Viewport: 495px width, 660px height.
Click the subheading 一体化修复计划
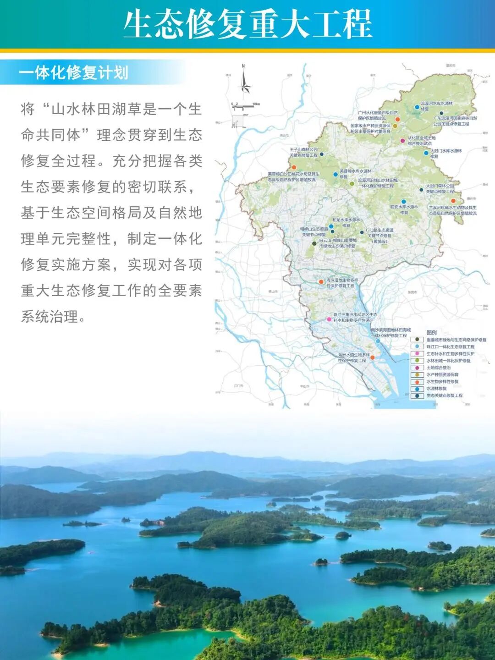tap(73, 72)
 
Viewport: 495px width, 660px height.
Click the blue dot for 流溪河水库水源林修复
tap(417, 107)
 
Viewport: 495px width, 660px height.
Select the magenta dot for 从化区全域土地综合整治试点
tap(403, 141)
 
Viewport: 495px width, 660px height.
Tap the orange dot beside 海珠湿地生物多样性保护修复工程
tap(321, 281)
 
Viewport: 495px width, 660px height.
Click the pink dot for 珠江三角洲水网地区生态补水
tap(329, 319)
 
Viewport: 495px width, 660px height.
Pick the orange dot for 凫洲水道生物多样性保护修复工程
tap(372, 357)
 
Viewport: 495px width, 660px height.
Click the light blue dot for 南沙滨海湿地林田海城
tap(378, 341)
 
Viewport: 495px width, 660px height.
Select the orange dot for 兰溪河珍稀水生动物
tap(453, 201)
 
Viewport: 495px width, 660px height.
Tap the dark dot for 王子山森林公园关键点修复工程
tap(322, 154)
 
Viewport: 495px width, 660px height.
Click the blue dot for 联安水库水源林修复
tap(404, 202)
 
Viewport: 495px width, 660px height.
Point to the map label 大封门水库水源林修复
tap(446, 153)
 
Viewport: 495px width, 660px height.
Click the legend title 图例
tap(432, 332)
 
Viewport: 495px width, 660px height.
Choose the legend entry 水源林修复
tap(436, 388)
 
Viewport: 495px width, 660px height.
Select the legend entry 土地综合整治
tap(439, 368)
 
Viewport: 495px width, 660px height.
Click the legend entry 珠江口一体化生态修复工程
tap(450, 347)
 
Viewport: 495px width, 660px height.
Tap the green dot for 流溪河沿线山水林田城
tap(352, 183)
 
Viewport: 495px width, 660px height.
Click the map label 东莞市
tap(412, 292)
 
